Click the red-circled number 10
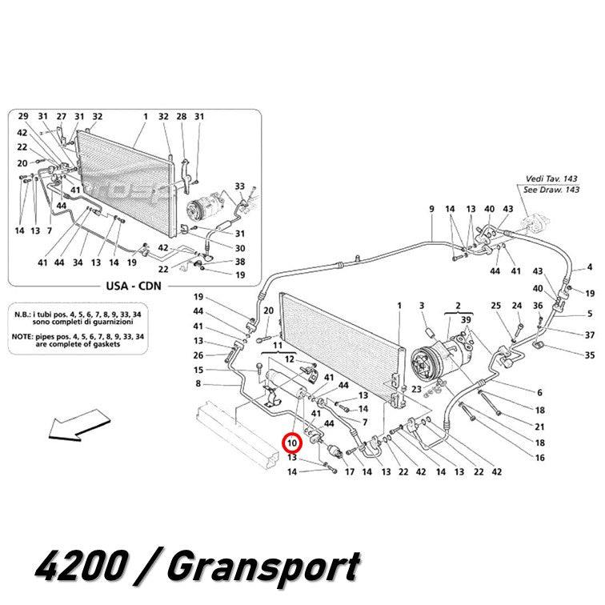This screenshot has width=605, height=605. coord(292,443)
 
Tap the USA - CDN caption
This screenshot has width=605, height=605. coord(134,286)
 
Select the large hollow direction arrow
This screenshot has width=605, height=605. coord(79,424)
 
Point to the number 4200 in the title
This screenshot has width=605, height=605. coord(82,567)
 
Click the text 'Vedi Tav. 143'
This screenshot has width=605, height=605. coord(551,178)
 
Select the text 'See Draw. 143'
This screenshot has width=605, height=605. coord(551,190)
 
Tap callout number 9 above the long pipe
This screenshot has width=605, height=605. coord(431,209)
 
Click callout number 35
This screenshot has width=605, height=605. coord(590,355)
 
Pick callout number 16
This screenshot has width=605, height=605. coord(540,458)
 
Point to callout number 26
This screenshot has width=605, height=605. coord(198,355)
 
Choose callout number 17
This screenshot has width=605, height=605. coord(349,471)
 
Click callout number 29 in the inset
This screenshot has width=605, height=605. coord(23,116)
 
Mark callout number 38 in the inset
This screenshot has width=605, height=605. coord(240,262)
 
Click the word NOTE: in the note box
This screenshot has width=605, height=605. coord(22,337)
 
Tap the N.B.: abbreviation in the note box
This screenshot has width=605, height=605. coord(22,315)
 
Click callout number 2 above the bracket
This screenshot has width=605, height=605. coord(458,306)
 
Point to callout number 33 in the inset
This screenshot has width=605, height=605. coord(239,186)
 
